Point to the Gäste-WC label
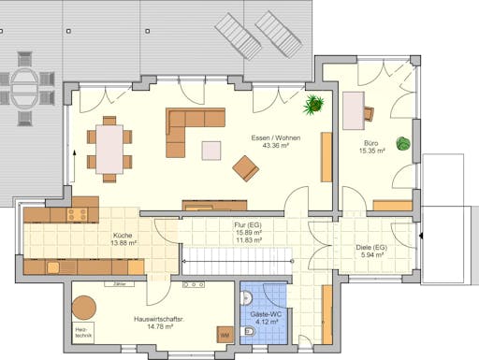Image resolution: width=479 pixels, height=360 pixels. [262, 314]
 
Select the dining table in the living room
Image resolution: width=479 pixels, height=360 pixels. [110, 148]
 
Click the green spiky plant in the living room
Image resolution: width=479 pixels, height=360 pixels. [314, 102]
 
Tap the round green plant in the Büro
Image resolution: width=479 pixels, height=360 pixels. [403, 144]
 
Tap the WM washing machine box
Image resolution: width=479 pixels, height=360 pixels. [225, 334]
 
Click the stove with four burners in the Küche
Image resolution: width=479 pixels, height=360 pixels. [77, 214]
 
